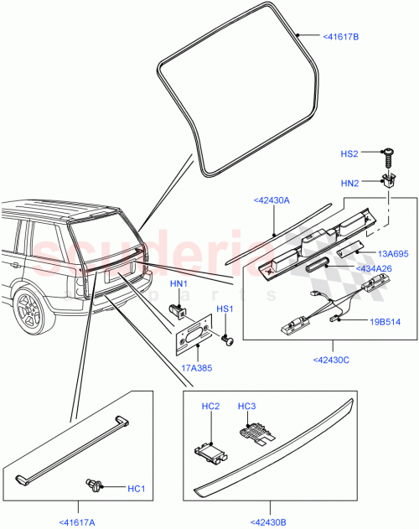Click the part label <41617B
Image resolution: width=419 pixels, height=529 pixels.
coord(340,37)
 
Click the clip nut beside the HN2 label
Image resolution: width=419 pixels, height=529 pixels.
coord(388,179)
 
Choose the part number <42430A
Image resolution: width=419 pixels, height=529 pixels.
coord(270,201)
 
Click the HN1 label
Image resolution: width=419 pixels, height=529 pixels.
coord(178,284)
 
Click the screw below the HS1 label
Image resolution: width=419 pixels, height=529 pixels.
coord(226,340)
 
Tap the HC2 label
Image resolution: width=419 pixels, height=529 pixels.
coord(210,406)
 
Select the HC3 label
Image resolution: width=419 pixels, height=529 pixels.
coord(246,406)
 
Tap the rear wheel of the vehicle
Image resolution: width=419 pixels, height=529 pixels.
coord(31,310)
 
